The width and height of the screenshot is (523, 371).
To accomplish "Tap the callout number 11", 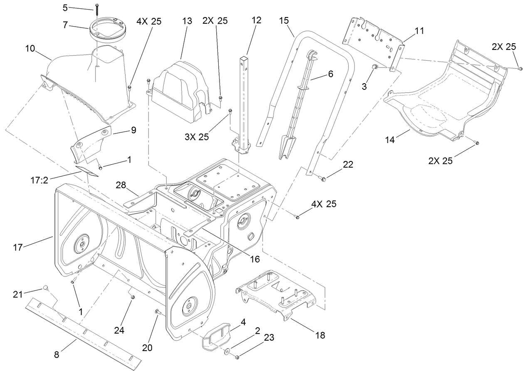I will [419, 31].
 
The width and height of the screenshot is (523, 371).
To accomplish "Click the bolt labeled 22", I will [323, 178].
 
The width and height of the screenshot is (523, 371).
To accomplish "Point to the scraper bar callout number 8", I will [57, 355].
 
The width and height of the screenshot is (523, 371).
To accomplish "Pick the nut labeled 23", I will [237, 357].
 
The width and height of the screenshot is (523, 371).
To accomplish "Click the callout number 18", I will [320, 335].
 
